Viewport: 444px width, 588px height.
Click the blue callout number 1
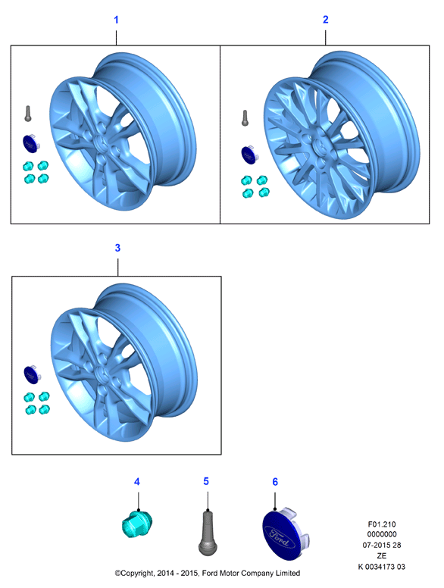click(116, 20)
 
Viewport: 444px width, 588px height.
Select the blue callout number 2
click(326, 20)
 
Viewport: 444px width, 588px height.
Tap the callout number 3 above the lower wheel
click(117, 248)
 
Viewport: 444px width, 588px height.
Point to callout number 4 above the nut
click(137, 482)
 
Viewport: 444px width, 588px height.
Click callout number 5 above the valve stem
click(206, 481)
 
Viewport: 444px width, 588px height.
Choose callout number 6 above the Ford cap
click(275, 482)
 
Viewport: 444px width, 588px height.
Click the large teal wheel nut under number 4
click(137, 524)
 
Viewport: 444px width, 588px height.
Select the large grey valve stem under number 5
click(208, 532)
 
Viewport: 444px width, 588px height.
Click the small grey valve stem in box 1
click(28, 114)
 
